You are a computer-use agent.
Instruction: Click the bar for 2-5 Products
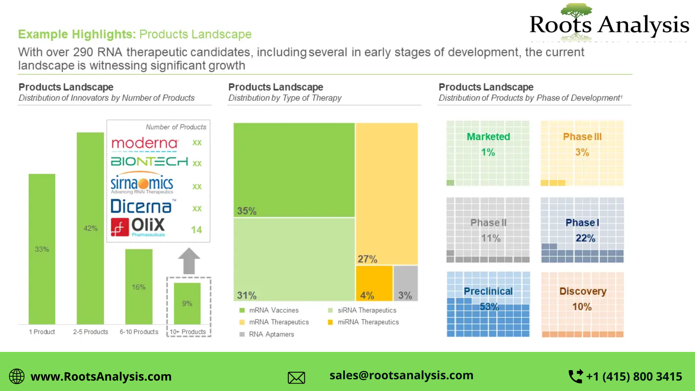click(x=90, y=228)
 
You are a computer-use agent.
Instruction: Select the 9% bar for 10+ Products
click(x=187, y=303)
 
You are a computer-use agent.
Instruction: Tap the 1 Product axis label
click(x=42, y=332)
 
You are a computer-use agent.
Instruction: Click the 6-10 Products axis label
click(x=139, y=332)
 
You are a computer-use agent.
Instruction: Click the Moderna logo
click(x=145, y=143)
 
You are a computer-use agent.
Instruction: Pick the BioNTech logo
click(x=149, y=162)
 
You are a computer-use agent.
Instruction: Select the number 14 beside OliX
click(x=196, y=230)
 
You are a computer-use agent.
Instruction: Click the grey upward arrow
click(x=189, y=261)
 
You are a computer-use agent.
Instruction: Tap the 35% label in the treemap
click(x=247, y=211)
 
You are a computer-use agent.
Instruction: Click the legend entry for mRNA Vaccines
click(x=274, y=310)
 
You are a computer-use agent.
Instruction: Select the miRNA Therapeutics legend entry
click(x=368, y=322)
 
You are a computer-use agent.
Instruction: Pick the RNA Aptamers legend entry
click(x=271, y=334)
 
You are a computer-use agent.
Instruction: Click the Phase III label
click(x=582, y=137)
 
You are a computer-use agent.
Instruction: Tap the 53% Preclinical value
click(x=489, y=307)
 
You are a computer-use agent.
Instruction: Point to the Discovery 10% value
click(x=582, y=307)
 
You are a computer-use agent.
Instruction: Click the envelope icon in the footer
click(x=296, y=378)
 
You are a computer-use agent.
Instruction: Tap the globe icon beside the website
click(x=17, y=376)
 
